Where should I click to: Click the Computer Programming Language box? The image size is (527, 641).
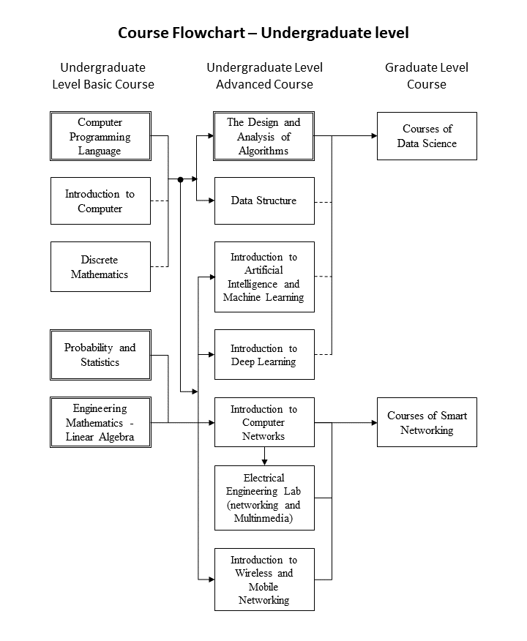tap(100, 136)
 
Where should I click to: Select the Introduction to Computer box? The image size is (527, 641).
tap(100, 200)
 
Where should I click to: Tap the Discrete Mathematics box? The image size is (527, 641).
tap(100, 266)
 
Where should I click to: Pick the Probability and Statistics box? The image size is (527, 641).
tap(100, 355)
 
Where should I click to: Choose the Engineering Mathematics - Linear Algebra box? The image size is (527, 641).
tap(100, 422)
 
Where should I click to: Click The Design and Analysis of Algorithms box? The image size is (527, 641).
tap(264, 136)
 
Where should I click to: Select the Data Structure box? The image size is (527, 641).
tap(264, 200)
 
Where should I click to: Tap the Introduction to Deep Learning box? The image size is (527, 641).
tap(264, 354)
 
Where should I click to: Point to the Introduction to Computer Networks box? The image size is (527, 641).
tap(264, 422)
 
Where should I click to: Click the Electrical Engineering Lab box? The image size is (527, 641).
tap(264, 498)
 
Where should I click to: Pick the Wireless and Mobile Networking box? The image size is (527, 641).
tap(264, 580)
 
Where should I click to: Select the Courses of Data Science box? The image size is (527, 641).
tap(427, 136)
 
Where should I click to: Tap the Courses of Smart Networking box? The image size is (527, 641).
tap(427, 422)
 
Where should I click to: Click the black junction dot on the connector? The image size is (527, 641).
tap(180, 179)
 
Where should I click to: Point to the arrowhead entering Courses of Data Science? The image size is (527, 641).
tap(374, 135)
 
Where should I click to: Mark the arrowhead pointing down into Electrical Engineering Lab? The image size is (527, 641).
tap(264, 462)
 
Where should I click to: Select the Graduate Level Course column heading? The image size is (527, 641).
tap(427, 75)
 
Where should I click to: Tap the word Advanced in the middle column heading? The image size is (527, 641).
tap(242, 84)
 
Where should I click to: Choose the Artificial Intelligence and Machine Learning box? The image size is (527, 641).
tap(264, 277)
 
